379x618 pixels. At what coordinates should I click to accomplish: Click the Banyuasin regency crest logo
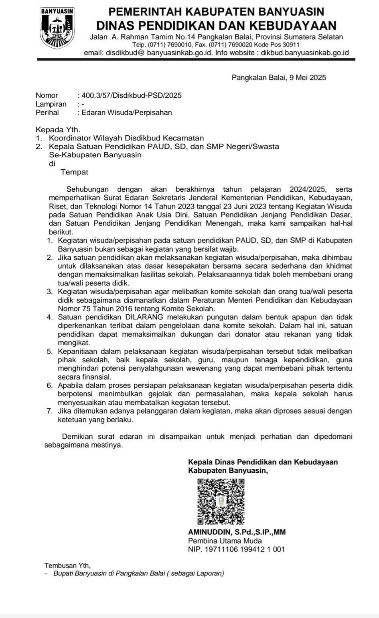[x=57, y=27]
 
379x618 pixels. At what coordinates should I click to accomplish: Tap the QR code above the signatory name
[x=221, y=502]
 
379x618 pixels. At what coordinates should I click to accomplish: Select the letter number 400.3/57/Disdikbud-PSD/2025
[x=132, y=95]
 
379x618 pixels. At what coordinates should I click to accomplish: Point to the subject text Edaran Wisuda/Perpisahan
[x=127, y=112]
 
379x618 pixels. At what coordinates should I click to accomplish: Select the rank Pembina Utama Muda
[x=219, y=541]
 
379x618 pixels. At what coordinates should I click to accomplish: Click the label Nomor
[x=47, y=95]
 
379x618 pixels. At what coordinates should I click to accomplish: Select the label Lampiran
[x=51, y=104]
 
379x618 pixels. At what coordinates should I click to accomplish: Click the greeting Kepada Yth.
[x=58, y=129]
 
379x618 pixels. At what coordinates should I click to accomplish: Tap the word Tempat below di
[x=74, y=172]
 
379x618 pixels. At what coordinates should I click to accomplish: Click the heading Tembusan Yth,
[x=67, y=566]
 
